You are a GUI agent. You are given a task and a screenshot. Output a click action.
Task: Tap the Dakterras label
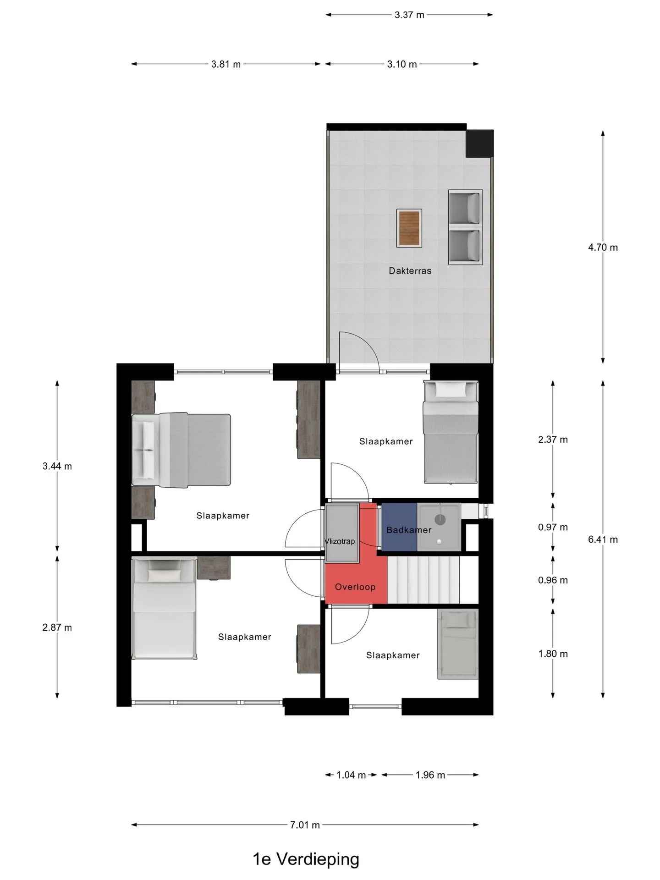point(410,271)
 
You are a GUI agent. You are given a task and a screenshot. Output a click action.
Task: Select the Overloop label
point(355,587)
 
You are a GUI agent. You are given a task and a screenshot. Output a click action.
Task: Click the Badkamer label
point(409,530)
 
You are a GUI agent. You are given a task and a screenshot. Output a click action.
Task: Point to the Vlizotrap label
point(340,541)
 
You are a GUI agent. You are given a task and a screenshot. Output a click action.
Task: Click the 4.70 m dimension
point(603,247)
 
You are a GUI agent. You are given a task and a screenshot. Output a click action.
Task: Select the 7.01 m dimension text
point(305,825)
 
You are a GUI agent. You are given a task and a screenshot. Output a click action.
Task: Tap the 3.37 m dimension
point(409,15)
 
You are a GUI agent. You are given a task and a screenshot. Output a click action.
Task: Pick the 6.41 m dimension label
point(603,539)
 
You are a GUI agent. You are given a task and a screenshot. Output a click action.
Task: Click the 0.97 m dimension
point(553,527)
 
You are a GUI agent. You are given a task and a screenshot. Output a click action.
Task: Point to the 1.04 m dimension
point(351,775)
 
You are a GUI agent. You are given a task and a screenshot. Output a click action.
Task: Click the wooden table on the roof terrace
point(409,228)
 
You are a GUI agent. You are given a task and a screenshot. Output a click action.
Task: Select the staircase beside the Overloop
point(423,580)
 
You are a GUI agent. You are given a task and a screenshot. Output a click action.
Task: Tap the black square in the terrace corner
point(479,143)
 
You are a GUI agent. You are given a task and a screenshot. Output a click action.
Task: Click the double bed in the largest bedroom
point(181,449)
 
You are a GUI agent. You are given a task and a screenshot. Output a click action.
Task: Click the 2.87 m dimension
point(57,627)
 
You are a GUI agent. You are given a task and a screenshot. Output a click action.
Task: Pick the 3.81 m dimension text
point(226,64)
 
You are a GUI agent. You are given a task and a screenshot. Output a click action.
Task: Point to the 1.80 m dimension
point(553,654)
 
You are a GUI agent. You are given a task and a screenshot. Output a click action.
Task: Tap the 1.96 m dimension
point(430,775)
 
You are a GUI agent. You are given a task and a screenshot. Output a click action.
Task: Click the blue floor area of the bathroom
point(399,527)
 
